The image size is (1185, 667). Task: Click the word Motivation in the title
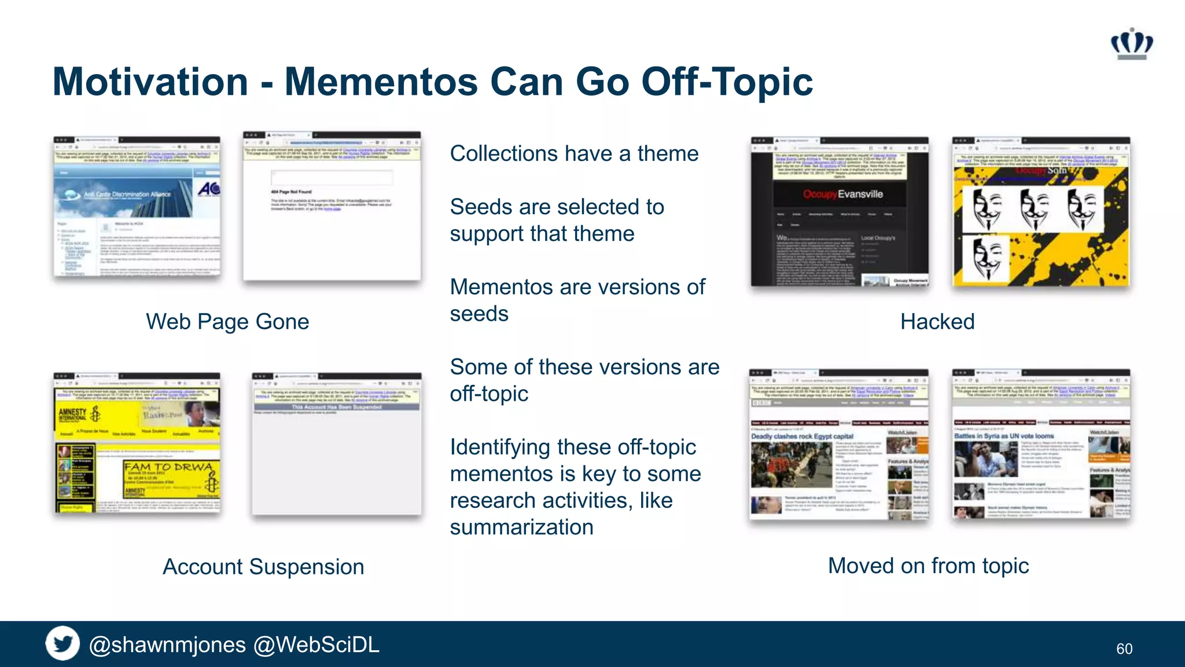coord(150,82)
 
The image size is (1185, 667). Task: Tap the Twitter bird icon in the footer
coord(62,643)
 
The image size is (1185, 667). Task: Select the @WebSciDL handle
coord(317,644)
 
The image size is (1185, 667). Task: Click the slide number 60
coord(1124,648)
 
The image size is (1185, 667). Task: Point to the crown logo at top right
coord(1131,43)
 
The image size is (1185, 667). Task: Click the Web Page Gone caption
coord(227,321)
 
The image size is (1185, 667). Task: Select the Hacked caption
coord(937,321)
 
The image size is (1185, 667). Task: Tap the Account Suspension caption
coord(263,566)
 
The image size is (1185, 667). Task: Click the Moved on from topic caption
coord(928,565)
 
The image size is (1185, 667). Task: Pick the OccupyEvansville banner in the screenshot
coord(842,194)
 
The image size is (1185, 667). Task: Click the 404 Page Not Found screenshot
coord(332,206)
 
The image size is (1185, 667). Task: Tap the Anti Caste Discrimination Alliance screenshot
coord(137,206)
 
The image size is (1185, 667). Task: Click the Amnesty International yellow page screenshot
coord(137,443)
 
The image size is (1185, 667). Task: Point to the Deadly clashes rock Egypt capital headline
coord(802,436)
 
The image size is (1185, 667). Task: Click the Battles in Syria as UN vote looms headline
coord(1004,435)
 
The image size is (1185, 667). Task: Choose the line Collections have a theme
coord(574,153)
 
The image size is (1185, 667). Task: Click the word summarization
coord(521,527)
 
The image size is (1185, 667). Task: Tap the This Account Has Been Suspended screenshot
coord(336,444)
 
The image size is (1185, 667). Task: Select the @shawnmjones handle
coord(167,644)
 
